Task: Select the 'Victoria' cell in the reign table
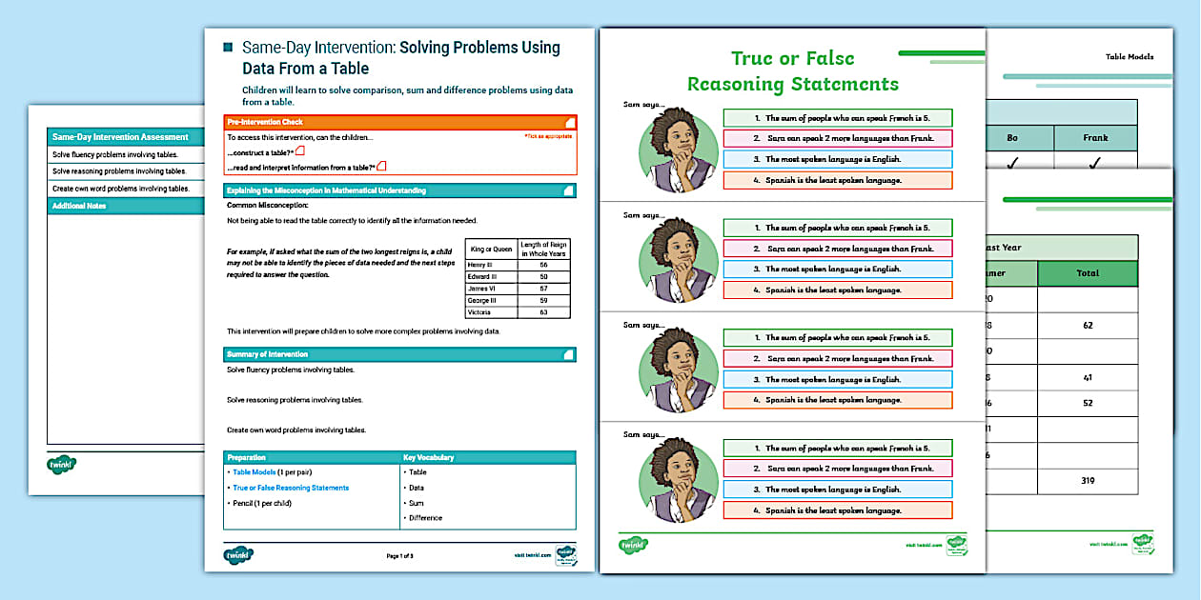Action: coord(479,312)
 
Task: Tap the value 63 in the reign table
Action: coord(542,312)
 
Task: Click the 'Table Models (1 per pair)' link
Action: coord(273,472)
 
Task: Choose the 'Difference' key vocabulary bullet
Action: coord(426,518)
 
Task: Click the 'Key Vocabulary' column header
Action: coord(428,457)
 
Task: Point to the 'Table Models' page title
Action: coord(1129,57)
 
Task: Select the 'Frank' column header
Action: coord(1095,138)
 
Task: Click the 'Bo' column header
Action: coord(1012,138)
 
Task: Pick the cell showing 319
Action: coord(1088,482)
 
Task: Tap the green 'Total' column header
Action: coord(1088,273)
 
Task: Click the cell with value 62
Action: coord(1088,326)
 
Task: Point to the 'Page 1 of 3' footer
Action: coord(405,556)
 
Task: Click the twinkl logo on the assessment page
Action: coord(62,466)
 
